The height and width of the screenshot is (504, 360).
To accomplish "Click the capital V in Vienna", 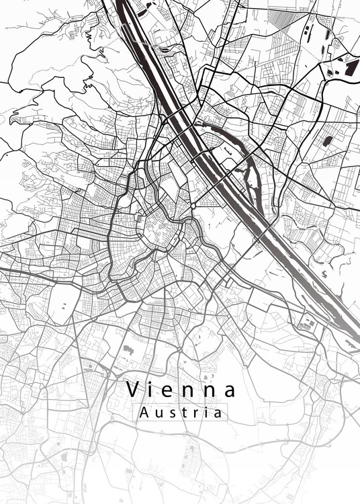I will click(x=134, y=389).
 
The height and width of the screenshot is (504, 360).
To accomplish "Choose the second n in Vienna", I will click(x=211, y=390).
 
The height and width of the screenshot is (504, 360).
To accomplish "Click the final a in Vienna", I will click(x=230, y=390).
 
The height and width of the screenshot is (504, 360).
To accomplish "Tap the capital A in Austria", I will click(x=143, y=413).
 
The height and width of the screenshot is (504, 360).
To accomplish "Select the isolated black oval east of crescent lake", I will click(x=328, y=141).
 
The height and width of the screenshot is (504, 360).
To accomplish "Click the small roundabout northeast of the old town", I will click(x=193, y=205).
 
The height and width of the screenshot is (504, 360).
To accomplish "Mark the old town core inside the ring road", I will click(x=159, y=232).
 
